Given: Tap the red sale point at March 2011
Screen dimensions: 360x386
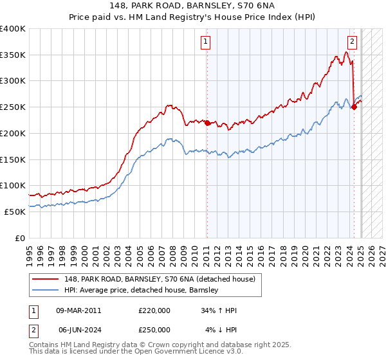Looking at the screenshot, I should click(x=207, y=123).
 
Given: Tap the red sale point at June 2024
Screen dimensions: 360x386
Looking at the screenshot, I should click(x=354, y=107).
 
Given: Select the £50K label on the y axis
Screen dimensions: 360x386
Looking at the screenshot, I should click(x=15, y=212).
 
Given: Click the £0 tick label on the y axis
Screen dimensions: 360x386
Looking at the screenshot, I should click(x=21, y=238).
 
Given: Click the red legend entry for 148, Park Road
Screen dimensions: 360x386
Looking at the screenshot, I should click(x=161, y=279).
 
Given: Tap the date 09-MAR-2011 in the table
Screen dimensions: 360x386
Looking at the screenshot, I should click(x=78, y=310).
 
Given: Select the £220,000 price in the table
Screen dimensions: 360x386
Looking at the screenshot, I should click(x=154, y=310).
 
